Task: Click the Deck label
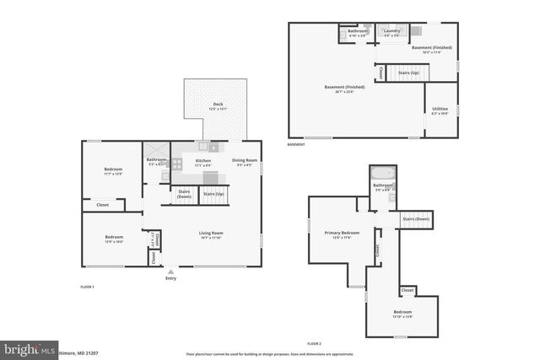click(x=217, y=105)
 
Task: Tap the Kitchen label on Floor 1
click(x=202, y=161)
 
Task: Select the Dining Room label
click(x=245, y=161)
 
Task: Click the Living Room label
click(x=211, y=234)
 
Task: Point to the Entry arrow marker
click(x=171, y=271)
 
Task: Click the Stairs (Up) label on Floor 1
click(x=214, y=194)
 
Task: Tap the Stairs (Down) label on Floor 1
click(x=184, y=194)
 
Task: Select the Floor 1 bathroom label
click(x=156, y=161)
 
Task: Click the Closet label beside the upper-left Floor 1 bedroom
click(x=102, y=204)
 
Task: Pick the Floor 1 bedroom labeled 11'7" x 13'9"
click(x=113, y=171)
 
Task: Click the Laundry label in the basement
click(x=392, y=32)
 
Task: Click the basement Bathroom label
click(x=358, y=32)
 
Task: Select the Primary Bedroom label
click(x=342, y=234)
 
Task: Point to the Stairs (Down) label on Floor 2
click(x=415, y=219)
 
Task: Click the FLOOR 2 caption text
click(x=314, y=344)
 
